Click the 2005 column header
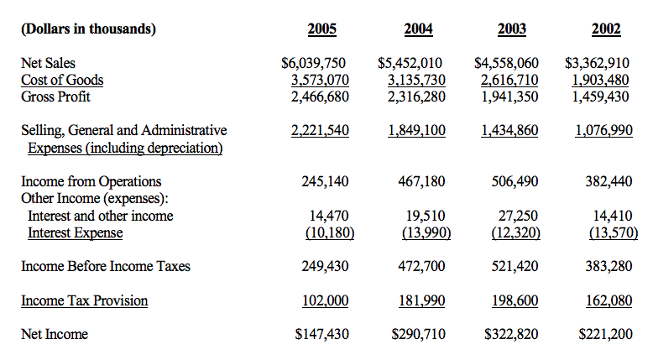(322, 29)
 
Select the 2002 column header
(606, 29)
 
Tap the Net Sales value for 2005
(315, 63)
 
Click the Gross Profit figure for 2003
(509, 97)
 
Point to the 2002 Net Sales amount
(597, 63)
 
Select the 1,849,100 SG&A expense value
(416, 130)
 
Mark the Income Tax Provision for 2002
(610, 300)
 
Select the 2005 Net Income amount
(322, 335)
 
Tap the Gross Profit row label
(56, 97)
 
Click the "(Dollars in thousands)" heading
(88, 29)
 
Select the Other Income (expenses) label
(94, 198)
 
